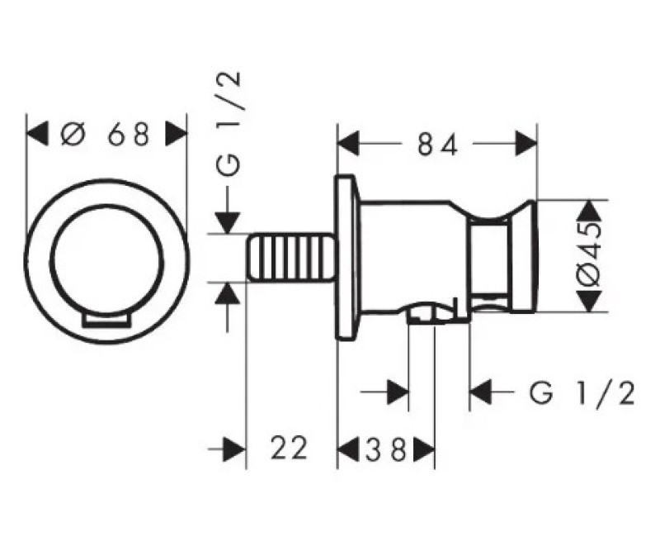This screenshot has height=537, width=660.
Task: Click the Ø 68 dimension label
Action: point(106,134)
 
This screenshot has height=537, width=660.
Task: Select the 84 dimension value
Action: point(437,145)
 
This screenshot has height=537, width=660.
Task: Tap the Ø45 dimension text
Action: point(588,255)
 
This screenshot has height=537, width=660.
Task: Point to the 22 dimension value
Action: point(290,448)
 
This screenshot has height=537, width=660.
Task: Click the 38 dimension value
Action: point(385,449)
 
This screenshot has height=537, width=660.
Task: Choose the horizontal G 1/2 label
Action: point(582,394)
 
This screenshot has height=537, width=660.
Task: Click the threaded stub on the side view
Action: point(291,258)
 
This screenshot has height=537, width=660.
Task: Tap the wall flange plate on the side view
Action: point(347,257)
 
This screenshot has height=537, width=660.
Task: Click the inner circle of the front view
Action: point(106,205)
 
